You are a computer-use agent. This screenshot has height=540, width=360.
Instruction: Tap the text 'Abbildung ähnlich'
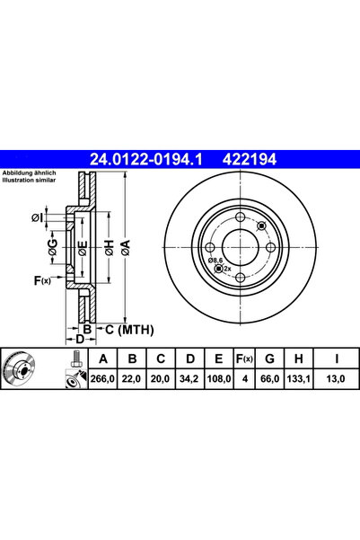31,172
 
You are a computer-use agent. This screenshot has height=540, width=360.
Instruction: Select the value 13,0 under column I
334,379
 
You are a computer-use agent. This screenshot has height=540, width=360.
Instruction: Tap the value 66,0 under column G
270,379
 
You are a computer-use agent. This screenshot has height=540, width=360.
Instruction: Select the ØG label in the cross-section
53,249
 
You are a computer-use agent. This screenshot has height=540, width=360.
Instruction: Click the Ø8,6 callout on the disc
216,260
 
